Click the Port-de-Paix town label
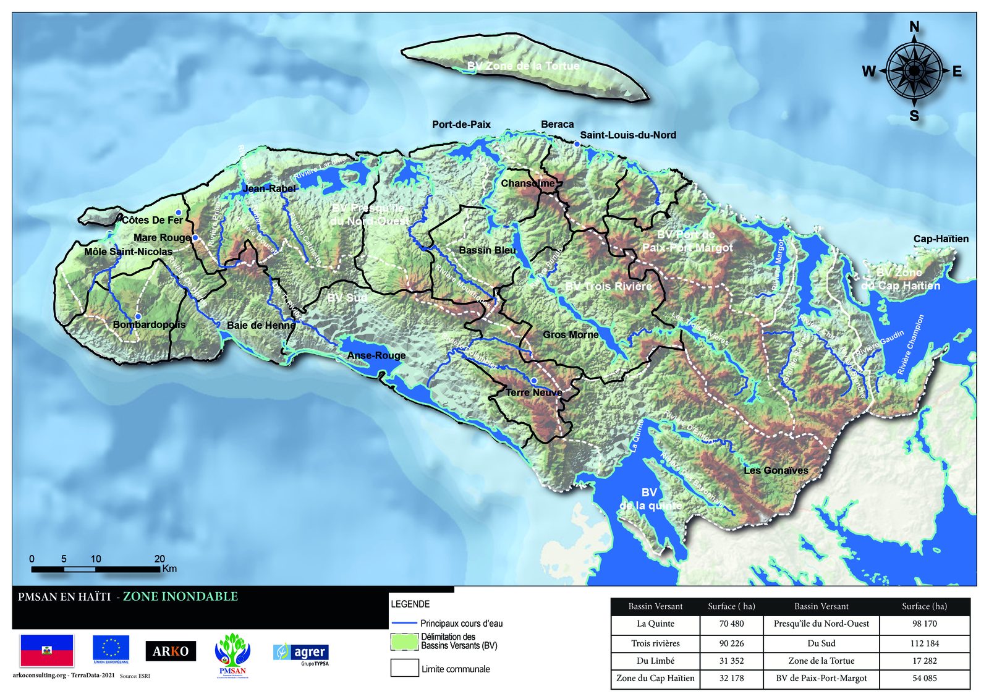tap(461, 124)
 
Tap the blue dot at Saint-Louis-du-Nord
tap(577, 144)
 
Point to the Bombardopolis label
tap(148, 324)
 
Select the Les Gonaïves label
tap(776, 470)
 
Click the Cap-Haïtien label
tap(941, 239)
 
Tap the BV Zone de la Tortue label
tap(523, 66)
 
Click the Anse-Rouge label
tap(376, 355)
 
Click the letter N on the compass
tap(914, 27)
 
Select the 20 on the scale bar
tap(159, 559)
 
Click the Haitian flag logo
tap(47, 650)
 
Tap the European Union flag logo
tap(111, 648)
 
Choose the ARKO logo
tap(171, 651)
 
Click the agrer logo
tap(301, 653)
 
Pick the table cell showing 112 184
tap(924, 643)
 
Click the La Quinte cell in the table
tap(655, 624)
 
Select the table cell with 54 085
tap(924, 678)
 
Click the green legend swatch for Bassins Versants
tap(404, 642)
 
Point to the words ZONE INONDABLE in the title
tap(180, 596)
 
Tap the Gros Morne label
tap(571, 334)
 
